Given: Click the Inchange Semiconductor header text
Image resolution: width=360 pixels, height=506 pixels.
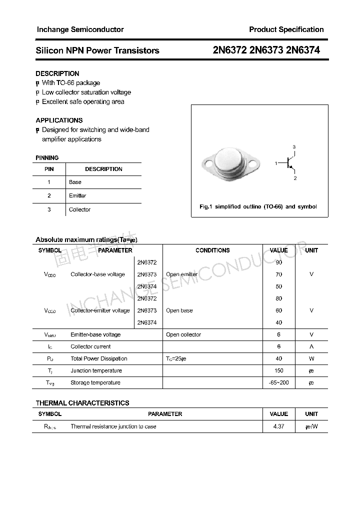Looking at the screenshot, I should (80, 29).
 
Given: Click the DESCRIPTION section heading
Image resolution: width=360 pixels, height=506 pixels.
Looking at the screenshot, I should (57, 73).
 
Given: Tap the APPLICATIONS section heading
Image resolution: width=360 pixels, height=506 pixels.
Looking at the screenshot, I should (59, 120).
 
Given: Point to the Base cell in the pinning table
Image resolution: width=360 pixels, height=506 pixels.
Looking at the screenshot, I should (75, 182).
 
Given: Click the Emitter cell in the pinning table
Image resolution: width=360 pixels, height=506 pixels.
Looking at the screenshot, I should (77, 196).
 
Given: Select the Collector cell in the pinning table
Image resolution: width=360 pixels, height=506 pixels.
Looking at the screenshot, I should (79, 209).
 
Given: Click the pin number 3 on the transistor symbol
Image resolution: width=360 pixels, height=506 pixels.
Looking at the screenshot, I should (294, 147).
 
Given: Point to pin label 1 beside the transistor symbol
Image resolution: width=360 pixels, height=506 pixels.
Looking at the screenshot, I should (276, 163).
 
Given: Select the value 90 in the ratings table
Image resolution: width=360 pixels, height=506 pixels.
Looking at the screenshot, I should (278, 262).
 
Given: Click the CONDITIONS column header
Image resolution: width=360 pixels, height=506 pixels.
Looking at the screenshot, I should (212, 250).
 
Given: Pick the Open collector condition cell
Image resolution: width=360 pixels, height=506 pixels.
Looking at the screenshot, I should (183, 335).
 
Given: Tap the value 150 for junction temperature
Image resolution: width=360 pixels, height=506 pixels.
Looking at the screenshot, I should (278, 371).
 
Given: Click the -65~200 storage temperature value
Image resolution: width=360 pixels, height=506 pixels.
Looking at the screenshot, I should (278, 383).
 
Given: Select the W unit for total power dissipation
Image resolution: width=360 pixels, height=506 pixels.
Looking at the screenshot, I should (311, 359).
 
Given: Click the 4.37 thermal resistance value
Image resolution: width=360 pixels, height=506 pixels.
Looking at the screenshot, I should (278, 427).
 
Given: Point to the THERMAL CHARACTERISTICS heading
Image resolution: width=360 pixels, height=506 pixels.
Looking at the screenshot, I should (82, 403).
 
